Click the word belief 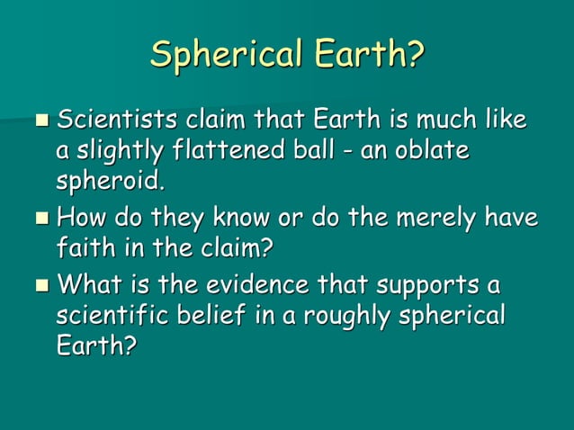(x=218, y=318)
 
